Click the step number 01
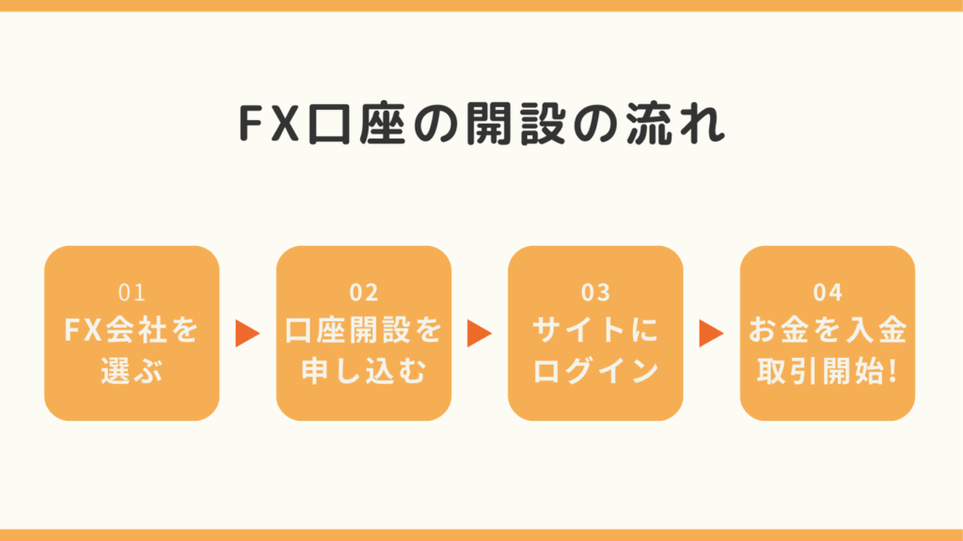point(132,293)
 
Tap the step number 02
point(363,293)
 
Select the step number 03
point(595,293)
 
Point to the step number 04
point(828,293)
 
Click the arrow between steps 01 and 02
point(247,333)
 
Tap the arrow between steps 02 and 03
point(480,333)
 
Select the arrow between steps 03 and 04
point(711,333)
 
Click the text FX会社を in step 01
point(132,331)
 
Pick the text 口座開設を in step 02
point(363,331)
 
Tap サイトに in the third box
point(595,331)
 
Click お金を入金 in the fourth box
point(828,331)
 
